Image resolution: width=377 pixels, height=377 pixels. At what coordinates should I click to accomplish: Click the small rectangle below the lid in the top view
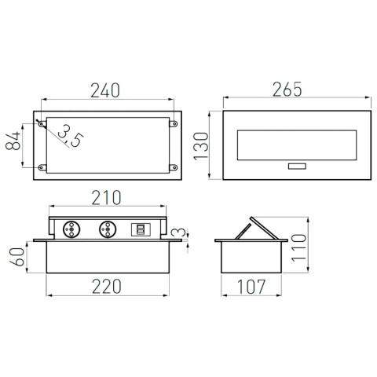coord(298,167)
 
